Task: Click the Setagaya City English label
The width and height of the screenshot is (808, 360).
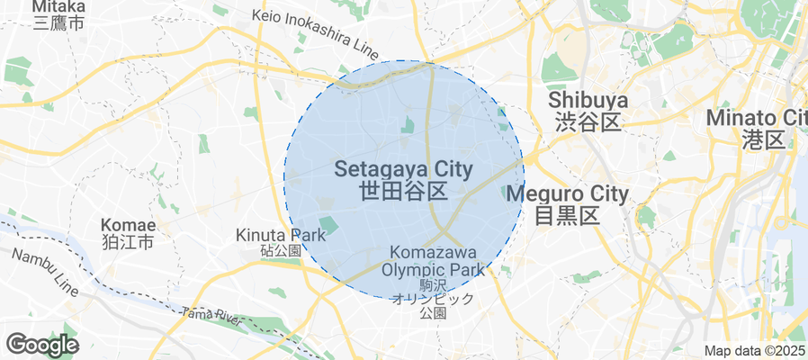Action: pos(403,168)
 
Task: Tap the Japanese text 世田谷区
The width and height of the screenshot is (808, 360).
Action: pos(403,191)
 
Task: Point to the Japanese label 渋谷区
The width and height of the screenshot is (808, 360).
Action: pos(588,122)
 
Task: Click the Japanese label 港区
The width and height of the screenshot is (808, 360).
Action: pos(766,139)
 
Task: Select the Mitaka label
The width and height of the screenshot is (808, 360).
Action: pos(58,6)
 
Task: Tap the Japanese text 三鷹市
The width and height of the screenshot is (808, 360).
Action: pos(58,23)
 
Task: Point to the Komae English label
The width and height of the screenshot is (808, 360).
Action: pos(129,225)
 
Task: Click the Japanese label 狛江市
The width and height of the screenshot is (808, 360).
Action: pos(129,243)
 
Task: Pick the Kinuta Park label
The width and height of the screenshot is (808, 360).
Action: pos(280,235)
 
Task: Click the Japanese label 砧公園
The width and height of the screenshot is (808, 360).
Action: pos(281,251)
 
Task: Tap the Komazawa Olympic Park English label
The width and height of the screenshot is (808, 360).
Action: pos(433,261)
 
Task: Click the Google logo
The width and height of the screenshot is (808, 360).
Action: pos(41,344)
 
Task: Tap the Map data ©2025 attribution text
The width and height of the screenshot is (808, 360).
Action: pos(754,351)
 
